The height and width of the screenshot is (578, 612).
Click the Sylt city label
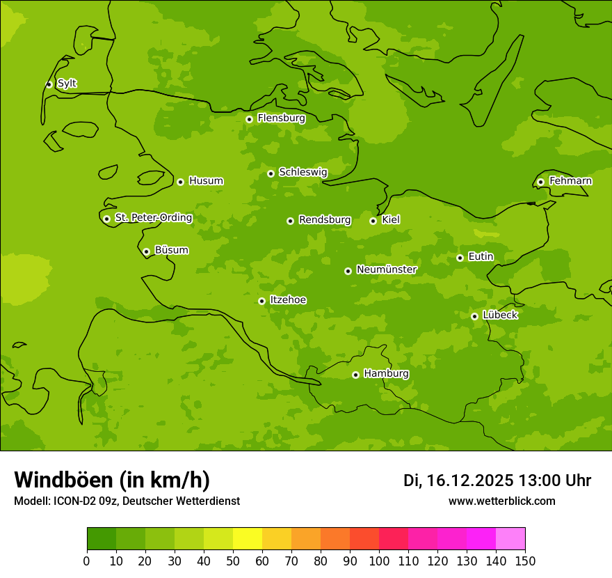tap(67, 84)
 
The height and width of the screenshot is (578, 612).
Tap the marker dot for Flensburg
tap(249, 119)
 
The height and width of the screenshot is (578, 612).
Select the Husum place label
tap(206, 181)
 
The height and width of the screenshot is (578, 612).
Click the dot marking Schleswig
tap(271, 173)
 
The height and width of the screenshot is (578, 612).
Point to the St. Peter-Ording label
tap(154, 218)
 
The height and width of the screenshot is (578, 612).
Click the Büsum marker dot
tap(146, 251)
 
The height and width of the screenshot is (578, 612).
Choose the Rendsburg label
tap(325, 220)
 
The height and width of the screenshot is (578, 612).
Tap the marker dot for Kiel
tap(373, 221)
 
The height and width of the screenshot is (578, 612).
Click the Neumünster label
tap(387, 270)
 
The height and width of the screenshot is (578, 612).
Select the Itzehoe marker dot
tap(261, 301)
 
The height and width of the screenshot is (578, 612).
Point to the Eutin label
tap(481, 257)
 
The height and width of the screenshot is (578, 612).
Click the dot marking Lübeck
tap(474, 316)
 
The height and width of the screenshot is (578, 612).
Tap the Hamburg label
tap(386, 374)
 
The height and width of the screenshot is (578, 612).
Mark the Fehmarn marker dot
tap(540, 182)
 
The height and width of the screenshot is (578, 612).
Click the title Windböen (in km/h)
tap(112, 480)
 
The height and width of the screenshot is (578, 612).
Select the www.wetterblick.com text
tap(501, 501)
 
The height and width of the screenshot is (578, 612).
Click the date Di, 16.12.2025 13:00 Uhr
tap(497, 481)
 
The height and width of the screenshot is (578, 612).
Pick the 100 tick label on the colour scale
tap(379, 561)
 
